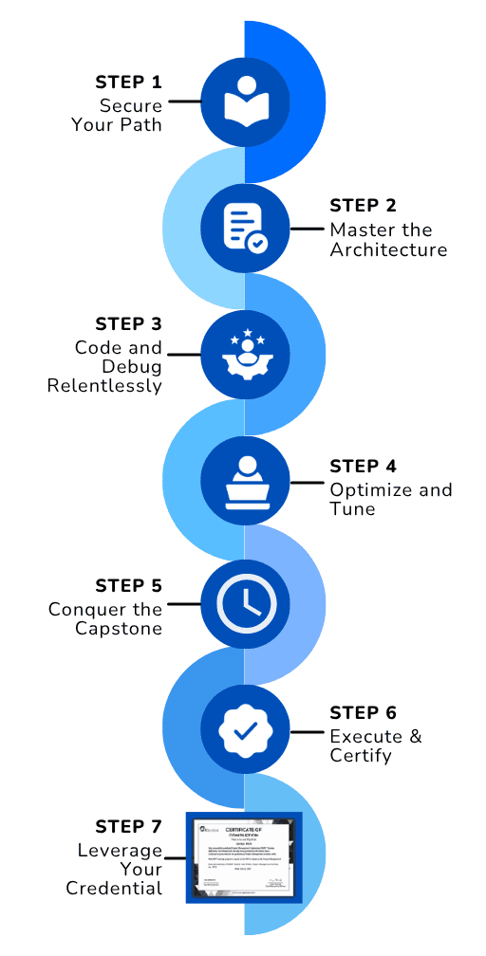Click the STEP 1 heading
tap(129, 81)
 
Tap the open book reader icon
tap(245, 101)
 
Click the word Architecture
tap(388, 250)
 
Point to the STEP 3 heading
tap(129, 324)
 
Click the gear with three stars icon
tap(245, 355)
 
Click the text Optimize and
tap(390, 490)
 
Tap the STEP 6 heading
tap(364, 712)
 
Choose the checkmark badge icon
tap(245, 731)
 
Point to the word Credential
tap(114, 889)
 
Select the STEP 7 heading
tap(129, 826)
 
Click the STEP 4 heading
tap(364, 466)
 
